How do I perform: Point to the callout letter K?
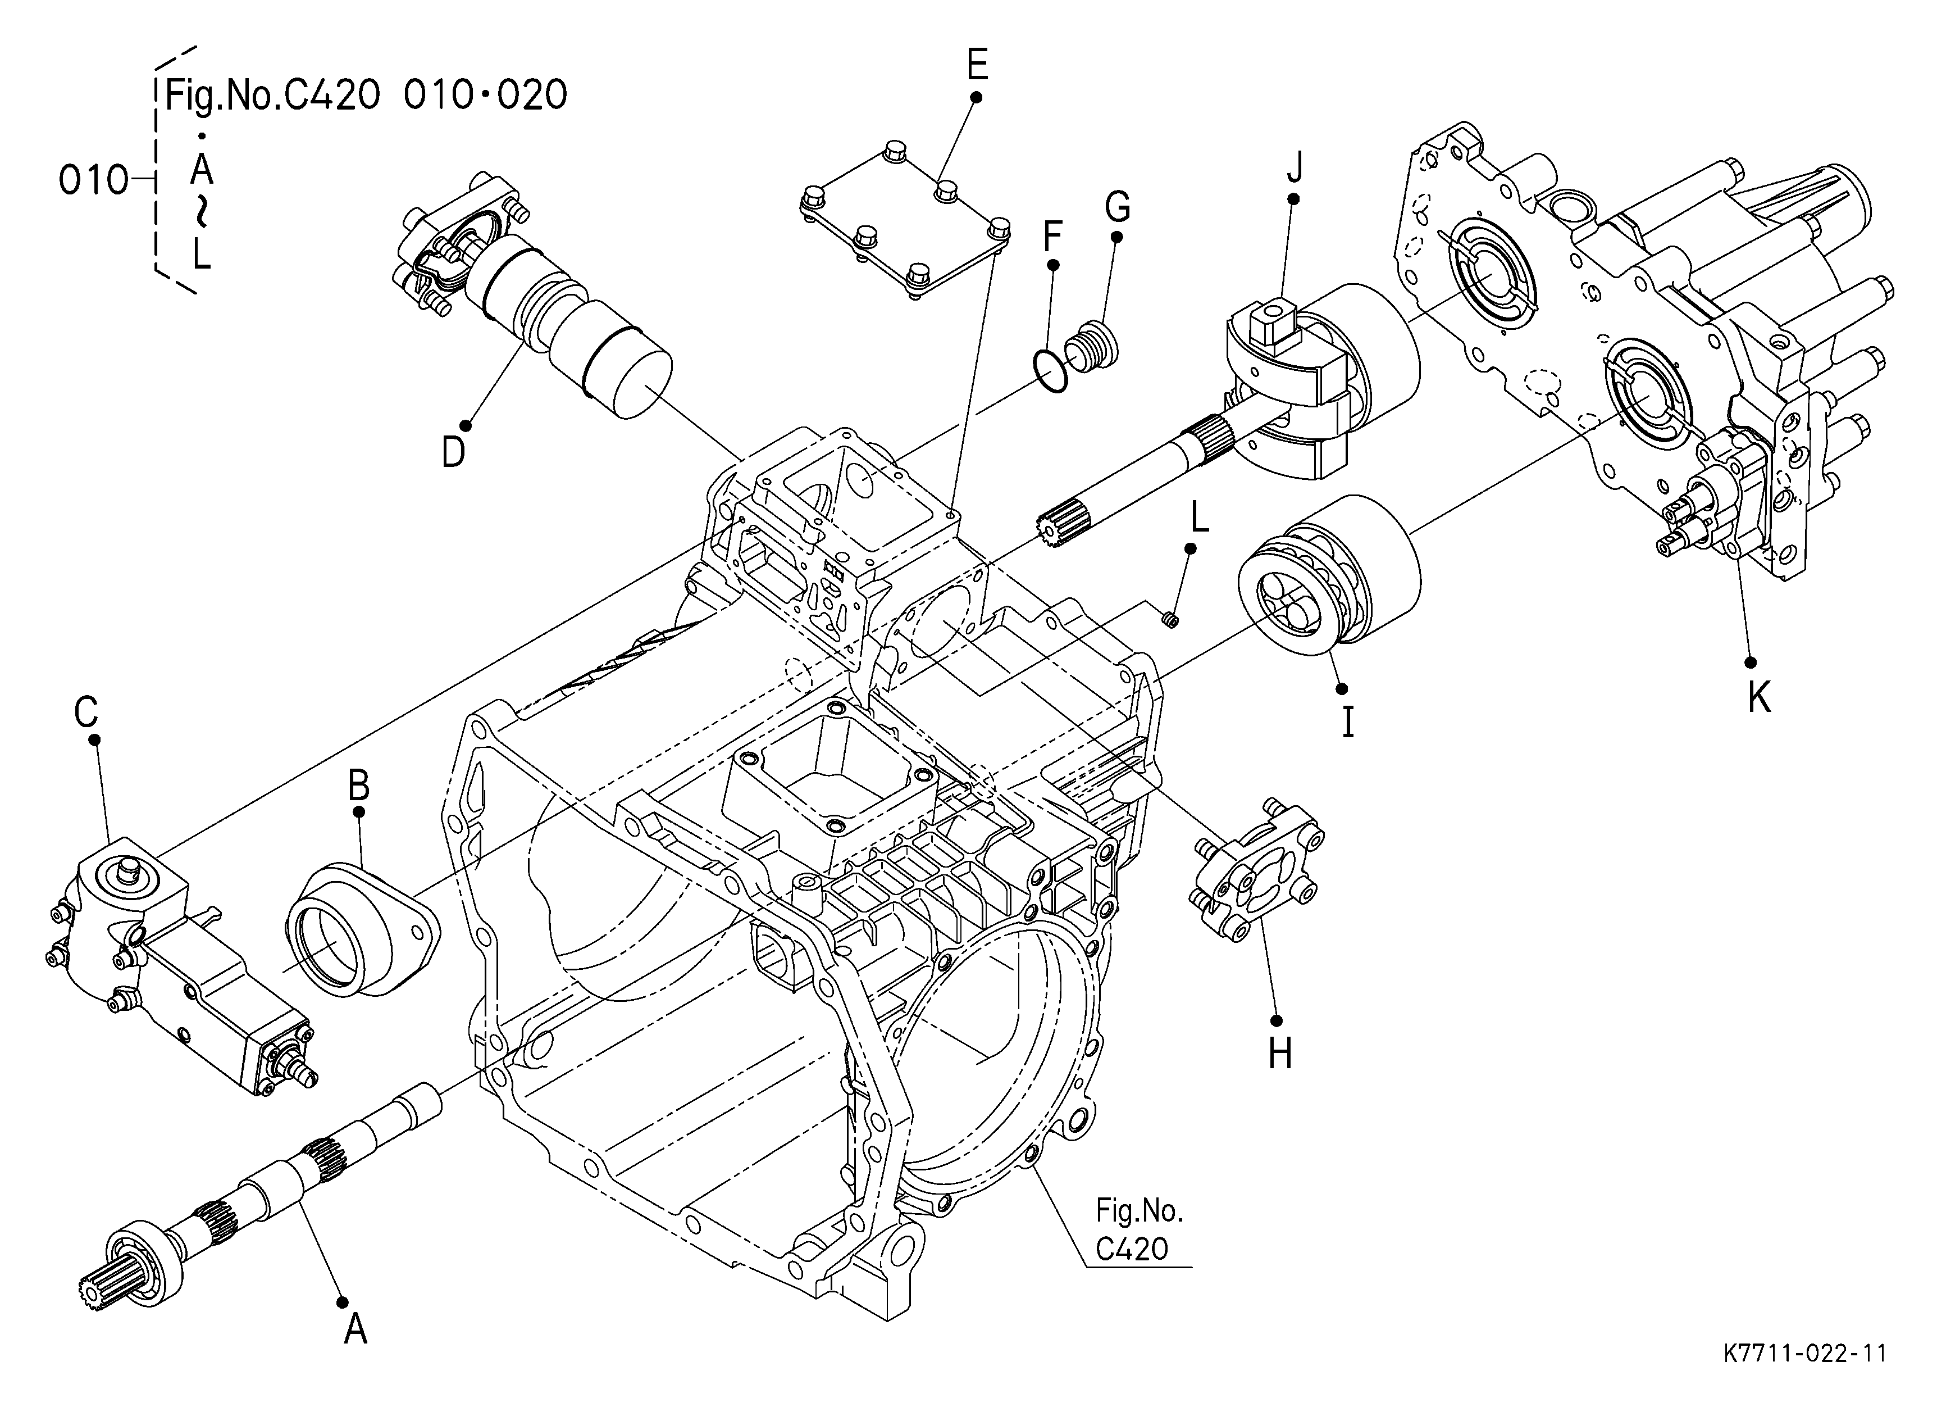(x=1758, y=698)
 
